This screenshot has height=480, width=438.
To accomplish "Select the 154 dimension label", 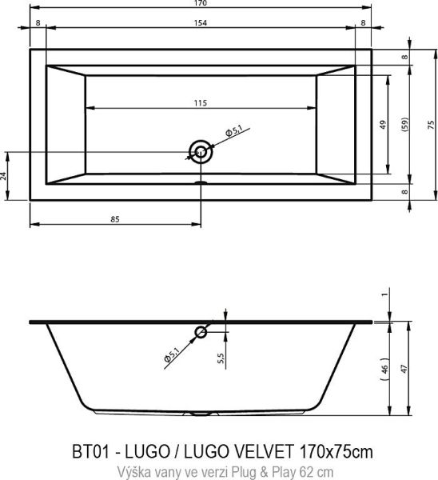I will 197,24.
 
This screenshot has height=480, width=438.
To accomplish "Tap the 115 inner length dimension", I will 200,102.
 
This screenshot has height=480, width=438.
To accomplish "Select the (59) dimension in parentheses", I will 404,125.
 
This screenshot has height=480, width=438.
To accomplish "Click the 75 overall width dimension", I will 430,125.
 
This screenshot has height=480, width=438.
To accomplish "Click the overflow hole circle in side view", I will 201,332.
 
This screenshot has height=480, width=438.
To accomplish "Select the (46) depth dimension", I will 384,370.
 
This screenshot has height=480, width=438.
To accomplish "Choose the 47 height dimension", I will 404,370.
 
